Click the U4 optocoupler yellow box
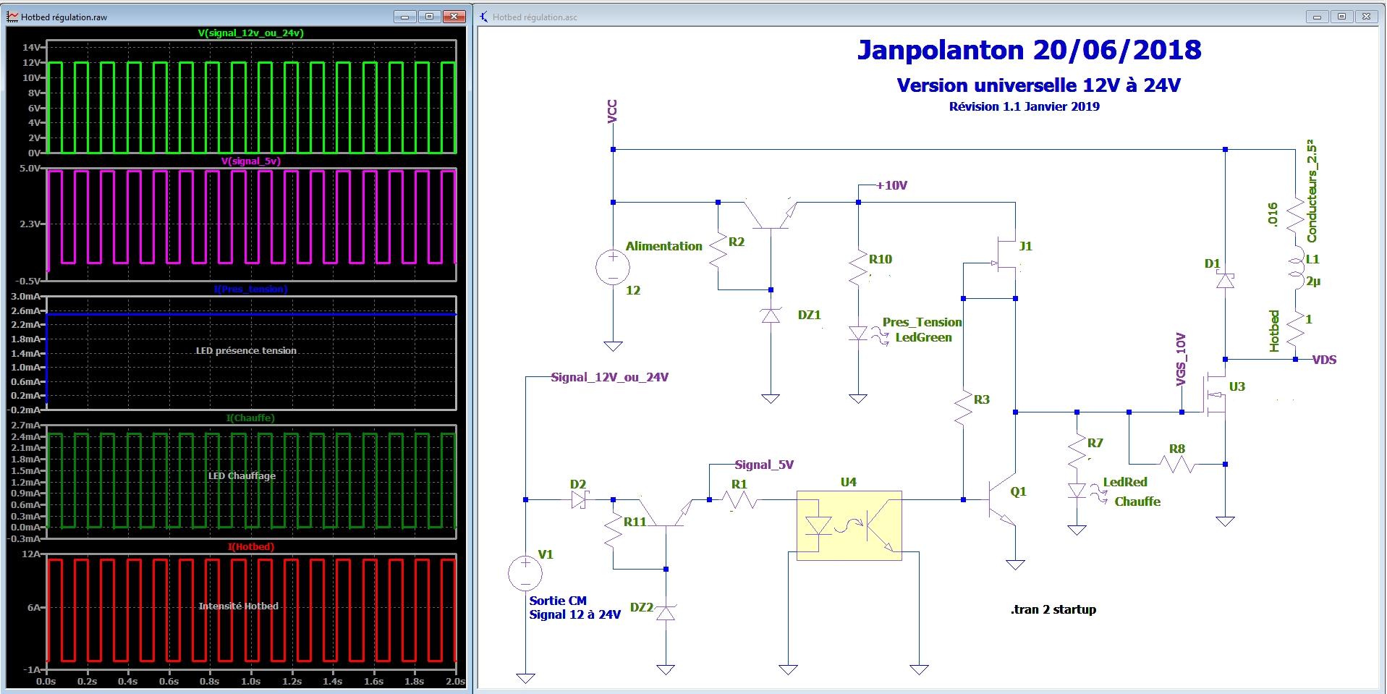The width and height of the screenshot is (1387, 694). (849, 525)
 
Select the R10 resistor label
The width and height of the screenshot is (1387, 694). (881, 259)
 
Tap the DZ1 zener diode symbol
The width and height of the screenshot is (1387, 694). (771, 315)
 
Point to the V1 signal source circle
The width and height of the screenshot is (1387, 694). (525, 574)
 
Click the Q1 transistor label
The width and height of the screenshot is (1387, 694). (1018, 491)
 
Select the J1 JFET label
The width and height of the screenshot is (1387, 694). (1025, 246)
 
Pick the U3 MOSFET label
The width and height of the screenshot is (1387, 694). (1237, 386)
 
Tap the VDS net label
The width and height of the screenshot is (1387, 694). (1324, 360)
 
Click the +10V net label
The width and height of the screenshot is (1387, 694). (892, 185)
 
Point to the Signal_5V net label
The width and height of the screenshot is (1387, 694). (764, 465)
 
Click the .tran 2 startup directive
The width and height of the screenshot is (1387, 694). (1053, 609)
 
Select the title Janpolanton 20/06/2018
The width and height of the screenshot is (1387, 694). (1029, 50)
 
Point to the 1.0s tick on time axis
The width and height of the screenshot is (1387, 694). (250, 681)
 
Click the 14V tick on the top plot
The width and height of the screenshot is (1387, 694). (32, 47)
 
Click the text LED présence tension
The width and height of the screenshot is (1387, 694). (246, 350)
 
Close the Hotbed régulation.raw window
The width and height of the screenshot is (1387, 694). (454, 17)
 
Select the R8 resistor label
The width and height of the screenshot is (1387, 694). (1176, 449)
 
